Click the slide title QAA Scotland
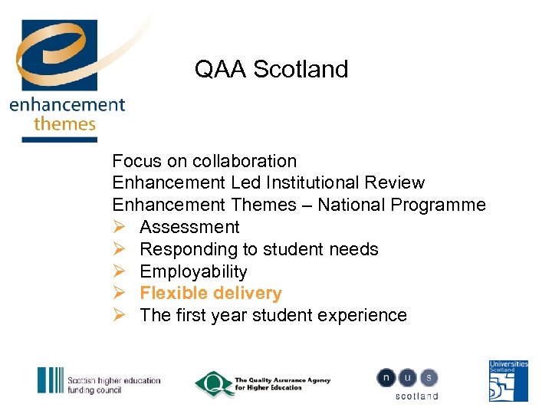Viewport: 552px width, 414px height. click(271, 69)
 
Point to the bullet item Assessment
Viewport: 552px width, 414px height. click(189, 227)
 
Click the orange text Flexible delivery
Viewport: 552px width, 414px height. click(211, 293)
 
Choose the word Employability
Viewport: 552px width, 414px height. click(193, 271)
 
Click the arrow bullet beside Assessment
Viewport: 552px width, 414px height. click(119, 227)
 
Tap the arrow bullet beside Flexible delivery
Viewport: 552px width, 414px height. click(119, 293)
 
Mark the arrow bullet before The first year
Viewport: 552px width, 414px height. click(119, 315)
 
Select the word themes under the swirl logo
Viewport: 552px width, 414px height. click(64, 123)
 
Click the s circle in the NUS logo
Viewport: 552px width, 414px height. click(429, 377)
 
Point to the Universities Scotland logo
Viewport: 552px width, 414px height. click(509, 381)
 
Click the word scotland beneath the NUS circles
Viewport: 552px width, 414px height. click(416, 396)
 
